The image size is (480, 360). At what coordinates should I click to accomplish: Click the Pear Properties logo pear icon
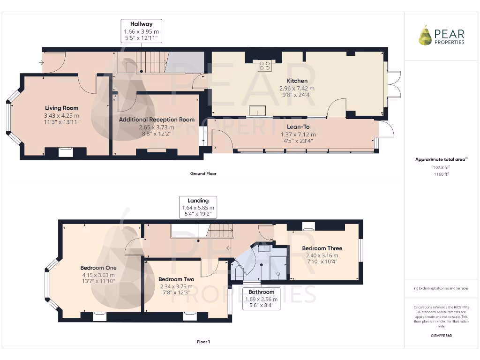tap(425, 36)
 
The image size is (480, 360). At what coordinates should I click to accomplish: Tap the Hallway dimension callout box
tap(141, 31)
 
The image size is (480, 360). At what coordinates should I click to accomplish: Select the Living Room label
tap(61, 108)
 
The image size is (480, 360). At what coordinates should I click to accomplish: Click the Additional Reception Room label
tap(157, 120)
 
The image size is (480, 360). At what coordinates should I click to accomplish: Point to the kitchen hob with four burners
tap(263, 65)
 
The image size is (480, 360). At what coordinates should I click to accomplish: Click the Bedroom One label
tap(98, 268)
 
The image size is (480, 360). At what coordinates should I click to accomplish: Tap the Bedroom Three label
tap(322, 248)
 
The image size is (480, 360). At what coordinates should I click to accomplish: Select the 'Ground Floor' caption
tap(203, 173)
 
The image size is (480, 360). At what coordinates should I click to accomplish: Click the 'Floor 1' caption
tap(203, 342)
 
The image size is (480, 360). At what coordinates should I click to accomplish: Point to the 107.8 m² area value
tap(441, 167)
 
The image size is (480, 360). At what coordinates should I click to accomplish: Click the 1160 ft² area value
tap(441, 174)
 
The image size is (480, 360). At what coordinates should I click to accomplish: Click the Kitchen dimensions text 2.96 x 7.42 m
tap(297, 88)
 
